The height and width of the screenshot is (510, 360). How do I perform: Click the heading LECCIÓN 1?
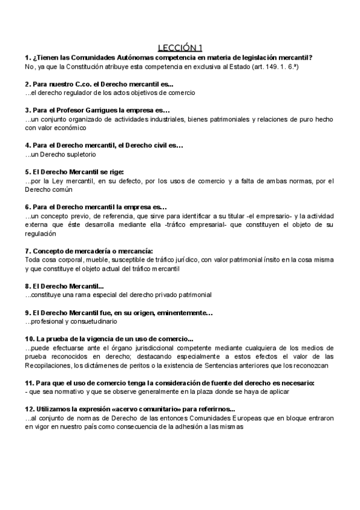[x=180, y=48]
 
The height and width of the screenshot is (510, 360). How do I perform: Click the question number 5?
[x=28, y=171]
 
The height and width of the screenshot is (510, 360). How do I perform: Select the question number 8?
[x=28, y=286]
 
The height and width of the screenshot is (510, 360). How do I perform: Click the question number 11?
[x=29, y=382]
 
